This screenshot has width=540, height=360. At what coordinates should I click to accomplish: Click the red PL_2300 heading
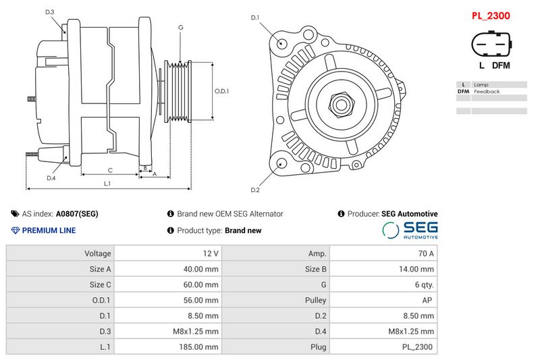pos(490,15)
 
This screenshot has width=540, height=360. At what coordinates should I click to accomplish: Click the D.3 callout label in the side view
pos(50,12)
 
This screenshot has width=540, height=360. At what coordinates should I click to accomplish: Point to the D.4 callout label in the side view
pos(51,178)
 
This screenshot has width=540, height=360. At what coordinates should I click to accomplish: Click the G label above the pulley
pos(181,27)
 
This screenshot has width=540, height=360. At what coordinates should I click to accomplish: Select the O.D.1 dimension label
pos(222,91)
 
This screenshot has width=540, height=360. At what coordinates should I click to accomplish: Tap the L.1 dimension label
pos(107,184)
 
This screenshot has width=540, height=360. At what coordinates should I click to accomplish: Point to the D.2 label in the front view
pos(254,190)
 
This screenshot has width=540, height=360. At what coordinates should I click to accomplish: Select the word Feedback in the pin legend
pos(487,91)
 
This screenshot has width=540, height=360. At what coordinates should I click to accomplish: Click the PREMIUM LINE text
pos(49,230)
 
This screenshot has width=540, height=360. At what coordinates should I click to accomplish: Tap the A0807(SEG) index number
pos(77,213)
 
